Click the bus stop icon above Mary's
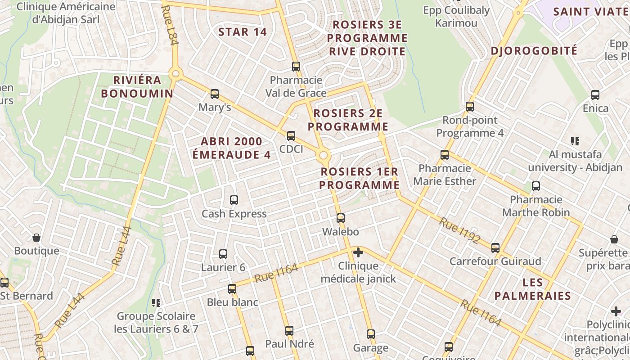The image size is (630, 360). (x=215, y=94)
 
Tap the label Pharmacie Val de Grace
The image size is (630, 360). (x=296, y=86)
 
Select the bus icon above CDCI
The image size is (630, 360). (x=291, y=135)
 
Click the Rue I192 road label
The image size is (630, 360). (x=460, y=230)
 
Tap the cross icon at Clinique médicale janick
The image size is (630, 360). (x=358, y=252)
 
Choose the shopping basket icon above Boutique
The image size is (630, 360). (x=36, y=237)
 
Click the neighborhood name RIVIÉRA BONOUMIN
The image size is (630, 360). (x=137, y=87)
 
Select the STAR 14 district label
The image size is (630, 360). (x=243, y=32)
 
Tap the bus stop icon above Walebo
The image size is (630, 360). (x=341, y=218)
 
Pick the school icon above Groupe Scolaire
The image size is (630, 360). (x=156, y=303)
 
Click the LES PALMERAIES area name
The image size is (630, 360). (x=532, y=289)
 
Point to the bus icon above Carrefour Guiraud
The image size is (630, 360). (x=495, y=247)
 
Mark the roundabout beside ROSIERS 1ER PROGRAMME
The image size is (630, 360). (x=323, y=156)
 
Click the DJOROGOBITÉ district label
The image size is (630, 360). (x=534, y=51)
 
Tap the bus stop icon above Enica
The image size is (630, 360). (x=595, y=95)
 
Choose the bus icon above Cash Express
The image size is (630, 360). (x=234, y=200)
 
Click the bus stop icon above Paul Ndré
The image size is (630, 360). (x=289, y=331)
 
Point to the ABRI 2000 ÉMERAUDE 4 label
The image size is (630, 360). (x=231, y=148)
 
